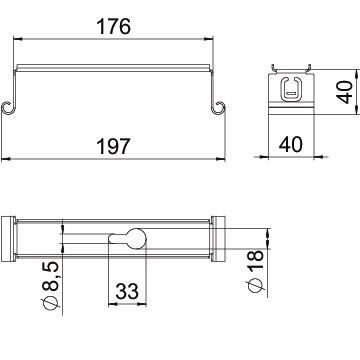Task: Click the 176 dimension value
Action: (x=113, y=27)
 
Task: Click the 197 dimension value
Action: (x=113, y=146)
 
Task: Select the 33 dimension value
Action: (x=127, y=291)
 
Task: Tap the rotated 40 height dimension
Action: (x=344, y=92)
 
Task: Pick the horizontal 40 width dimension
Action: (x=291, y=144)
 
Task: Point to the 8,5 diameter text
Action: (x=51, y=276)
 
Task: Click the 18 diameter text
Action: (x=255, y=261)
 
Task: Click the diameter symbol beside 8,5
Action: (x=51, y=303)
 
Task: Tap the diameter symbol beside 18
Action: (x=255, y=285)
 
